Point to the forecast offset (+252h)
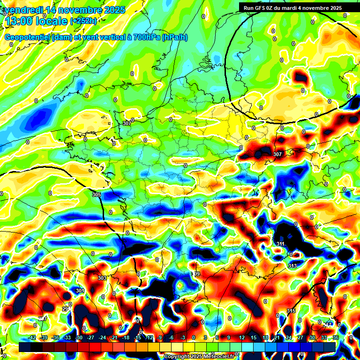click(83, 21)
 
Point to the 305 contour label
click(97, 195)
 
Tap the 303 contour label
click(102, 278)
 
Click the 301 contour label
click(80, 291)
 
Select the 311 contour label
click(280, 244)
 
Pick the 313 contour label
click(292, 266)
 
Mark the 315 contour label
click(291, 311)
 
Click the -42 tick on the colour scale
click(32, 337)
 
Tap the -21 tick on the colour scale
click(114, 337)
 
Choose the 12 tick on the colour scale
click(242, 337)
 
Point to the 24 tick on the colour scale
click(289, 337)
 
